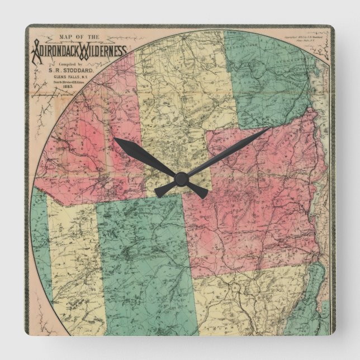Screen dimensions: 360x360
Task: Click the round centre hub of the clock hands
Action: tap(180, 179)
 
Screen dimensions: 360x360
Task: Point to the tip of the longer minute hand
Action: tap(269, 128)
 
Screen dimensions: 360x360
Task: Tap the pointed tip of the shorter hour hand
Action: tap(115, 139)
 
